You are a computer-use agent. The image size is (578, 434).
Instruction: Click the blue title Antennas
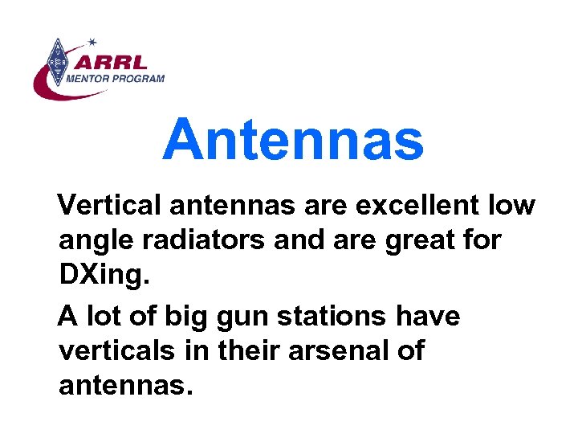(x=293, y=138)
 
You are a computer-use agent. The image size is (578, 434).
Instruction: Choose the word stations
(x=331, y=317)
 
